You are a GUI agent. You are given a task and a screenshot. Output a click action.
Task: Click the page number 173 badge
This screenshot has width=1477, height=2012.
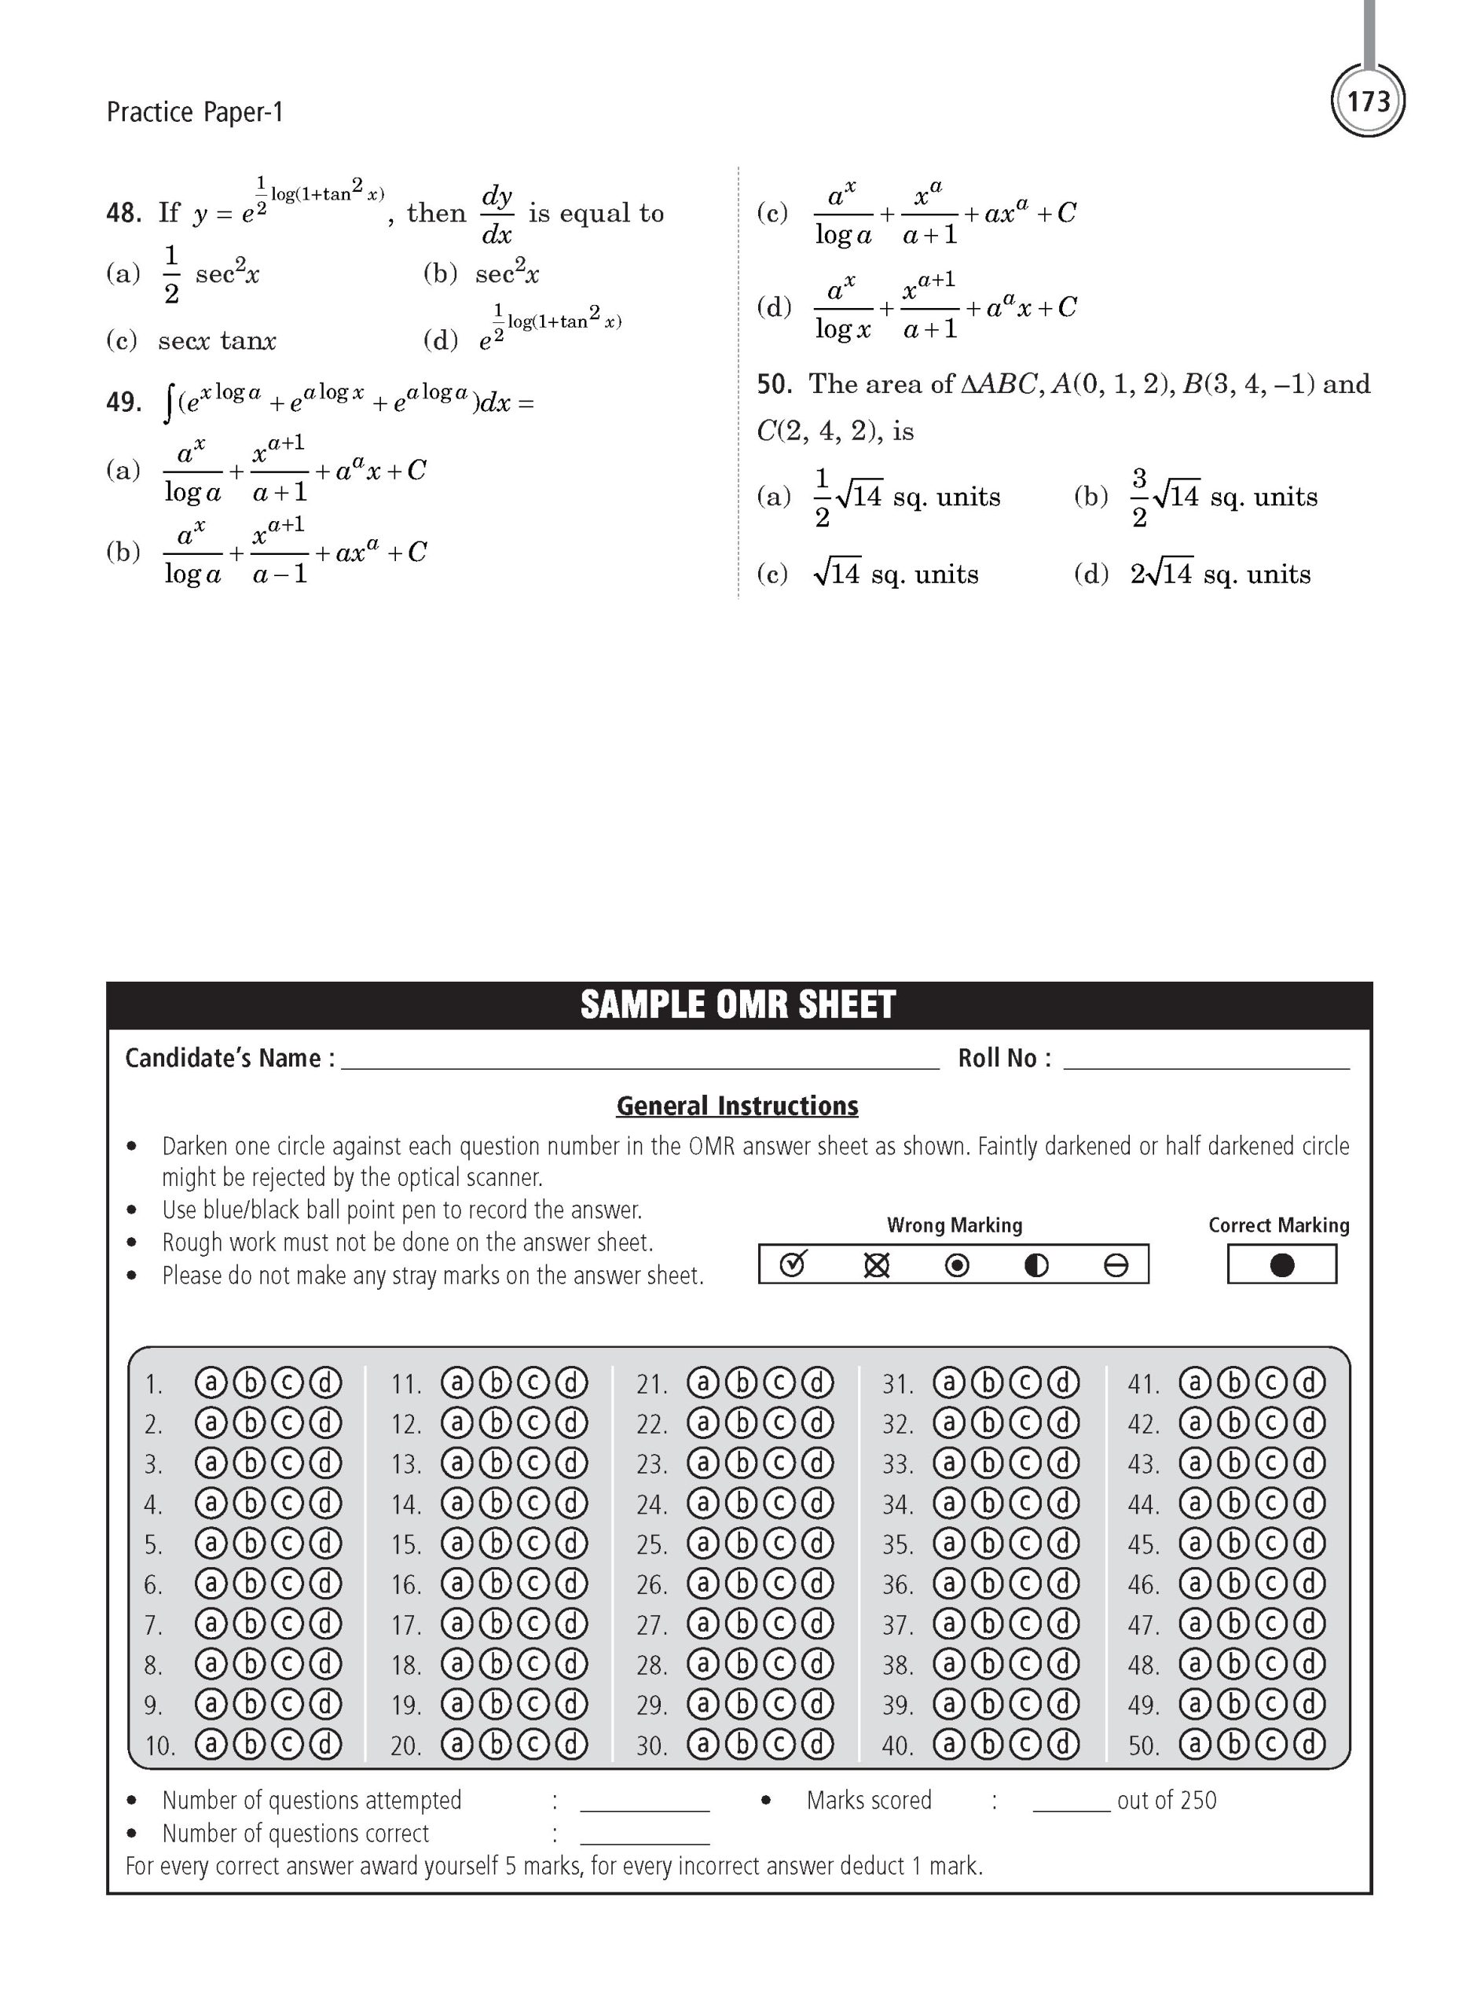point(1368,101)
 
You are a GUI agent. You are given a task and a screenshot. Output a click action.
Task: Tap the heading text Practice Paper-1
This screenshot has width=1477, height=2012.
point(194,112)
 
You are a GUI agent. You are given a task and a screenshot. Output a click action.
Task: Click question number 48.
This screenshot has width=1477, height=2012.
point(123,213)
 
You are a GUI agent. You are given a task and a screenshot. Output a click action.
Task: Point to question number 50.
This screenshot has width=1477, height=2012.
point(775,384)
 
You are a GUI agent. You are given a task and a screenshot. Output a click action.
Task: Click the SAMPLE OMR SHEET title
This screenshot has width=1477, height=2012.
point(738,1004)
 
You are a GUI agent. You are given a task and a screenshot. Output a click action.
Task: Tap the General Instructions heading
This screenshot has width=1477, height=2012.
point(737,1105)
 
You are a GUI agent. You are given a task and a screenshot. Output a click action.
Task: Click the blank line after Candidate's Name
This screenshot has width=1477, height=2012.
point(640,1064)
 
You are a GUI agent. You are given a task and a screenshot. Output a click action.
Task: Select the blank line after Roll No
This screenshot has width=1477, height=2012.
point(1206,1064)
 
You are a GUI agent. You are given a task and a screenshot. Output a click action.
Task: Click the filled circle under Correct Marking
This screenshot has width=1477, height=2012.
point(1281,1265)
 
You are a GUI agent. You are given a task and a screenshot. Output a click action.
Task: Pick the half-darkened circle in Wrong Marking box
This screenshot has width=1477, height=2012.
point(1036,1265)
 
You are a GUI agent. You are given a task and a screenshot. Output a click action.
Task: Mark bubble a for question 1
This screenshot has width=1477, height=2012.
point(211,1382)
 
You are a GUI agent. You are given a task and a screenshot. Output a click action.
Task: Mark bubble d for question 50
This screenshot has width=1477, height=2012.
point(1309,1744)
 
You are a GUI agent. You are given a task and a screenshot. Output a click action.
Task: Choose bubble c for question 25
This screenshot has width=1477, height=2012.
point(779,1544)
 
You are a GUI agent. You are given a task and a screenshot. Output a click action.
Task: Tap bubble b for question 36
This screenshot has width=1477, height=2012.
point(987,1584)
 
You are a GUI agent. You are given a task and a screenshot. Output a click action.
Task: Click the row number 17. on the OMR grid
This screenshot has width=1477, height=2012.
point(406,1625)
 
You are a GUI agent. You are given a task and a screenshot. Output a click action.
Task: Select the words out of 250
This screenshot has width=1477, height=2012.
point(1166,1800)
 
